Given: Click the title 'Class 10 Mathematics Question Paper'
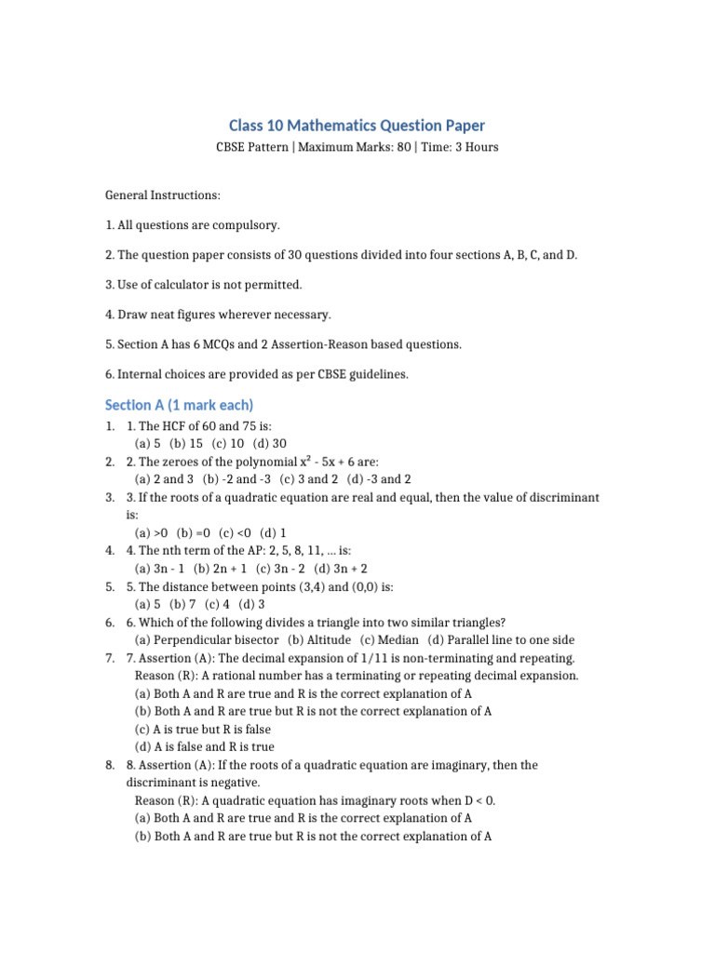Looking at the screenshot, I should (x=357, y=126).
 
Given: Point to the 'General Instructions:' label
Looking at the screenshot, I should (x=163, y=195).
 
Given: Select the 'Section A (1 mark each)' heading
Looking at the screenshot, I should (x=179, y=405).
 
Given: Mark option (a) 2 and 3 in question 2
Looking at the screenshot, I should (x=164, y=479).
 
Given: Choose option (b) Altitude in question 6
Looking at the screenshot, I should (x=319, y=640).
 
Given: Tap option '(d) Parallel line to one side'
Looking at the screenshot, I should (x=501, y=640).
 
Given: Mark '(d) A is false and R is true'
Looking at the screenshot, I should (x=205, y=746).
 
